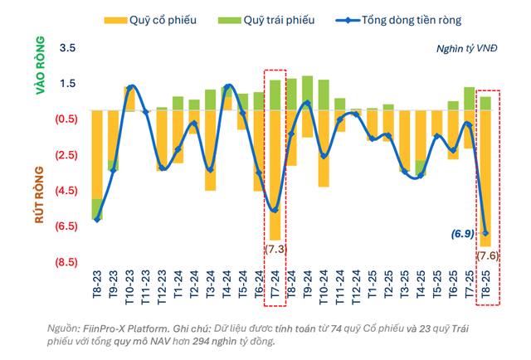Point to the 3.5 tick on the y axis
tap(68, 49)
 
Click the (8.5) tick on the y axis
tap(66, 262)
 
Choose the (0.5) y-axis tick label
tap(66, 119)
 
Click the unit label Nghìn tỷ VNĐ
tap(466, 48)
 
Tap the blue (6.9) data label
tap(462, 235)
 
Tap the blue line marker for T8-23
tap(97, 219)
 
